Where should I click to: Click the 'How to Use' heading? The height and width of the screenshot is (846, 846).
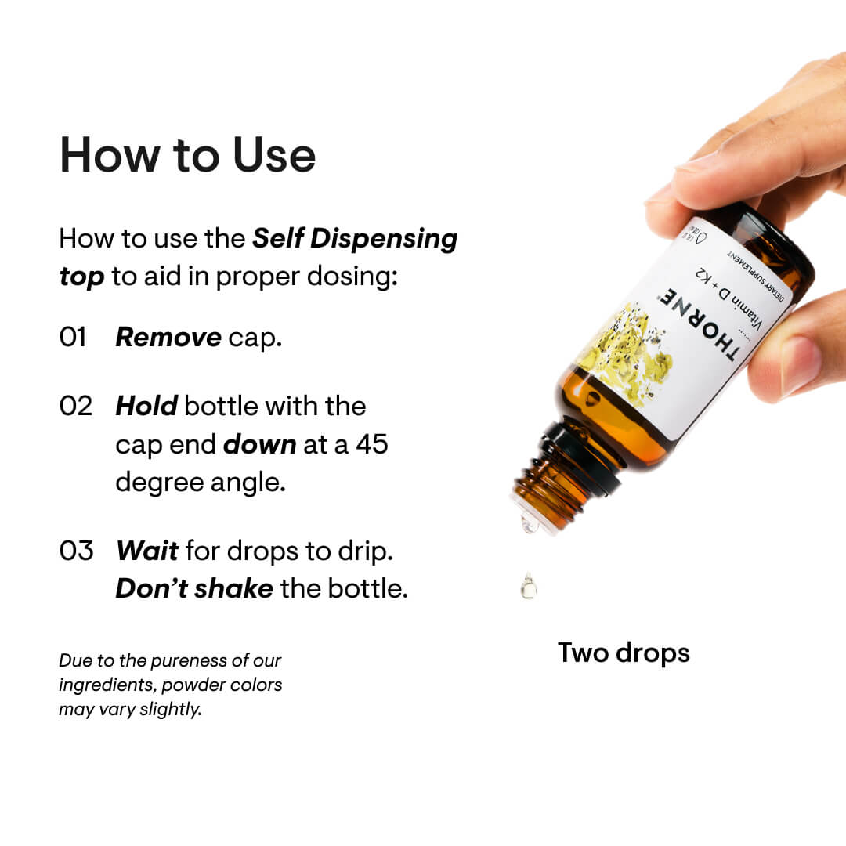[x=187, y=155]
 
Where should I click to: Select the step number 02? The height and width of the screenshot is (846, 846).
[x=75, y=406]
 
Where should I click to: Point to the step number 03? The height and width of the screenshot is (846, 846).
[x=76, y=550]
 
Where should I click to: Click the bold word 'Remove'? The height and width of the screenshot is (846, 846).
[x=168, y=338]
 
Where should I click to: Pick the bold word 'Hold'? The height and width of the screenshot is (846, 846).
[x=146, y=406]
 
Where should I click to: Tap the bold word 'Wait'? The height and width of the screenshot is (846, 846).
[x=147, y=550]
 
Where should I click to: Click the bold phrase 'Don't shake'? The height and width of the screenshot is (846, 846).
[x=193, y=588]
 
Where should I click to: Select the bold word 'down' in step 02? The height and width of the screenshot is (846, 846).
[x=259, y=444]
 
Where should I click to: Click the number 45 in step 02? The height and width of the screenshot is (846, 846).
[x=372, y=444]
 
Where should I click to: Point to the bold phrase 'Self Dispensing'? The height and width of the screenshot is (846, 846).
[x=355, y=238]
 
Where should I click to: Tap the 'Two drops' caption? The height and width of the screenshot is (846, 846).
[x=624, y=653]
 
